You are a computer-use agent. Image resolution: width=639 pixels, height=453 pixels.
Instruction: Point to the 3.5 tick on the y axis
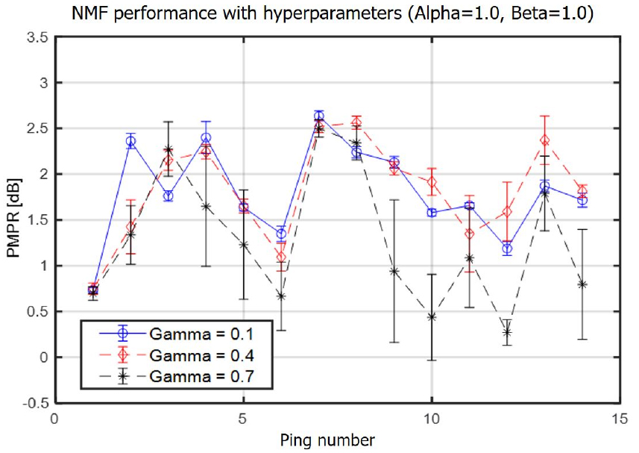36,37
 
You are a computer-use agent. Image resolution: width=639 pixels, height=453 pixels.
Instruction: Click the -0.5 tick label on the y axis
34,403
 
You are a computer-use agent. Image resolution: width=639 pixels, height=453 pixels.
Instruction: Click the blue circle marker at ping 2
131,141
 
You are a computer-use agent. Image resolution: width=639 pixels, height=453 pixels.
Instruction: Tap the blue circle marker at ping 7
319,116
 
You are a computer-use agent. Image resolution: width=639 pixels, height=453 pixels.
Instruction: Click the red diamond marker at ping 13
545,140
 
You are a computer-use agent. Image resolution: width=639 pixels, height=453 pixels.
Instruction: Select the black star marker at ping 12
507,332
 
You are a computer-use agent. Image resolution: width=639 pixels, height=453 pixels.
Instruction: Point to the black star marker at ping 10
432,316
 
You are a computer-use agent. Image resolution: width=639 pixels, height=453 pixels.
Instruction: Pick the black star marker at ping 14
582,284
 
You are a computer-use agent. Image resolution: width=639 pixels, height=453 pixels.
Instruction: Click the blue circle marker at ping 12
507,249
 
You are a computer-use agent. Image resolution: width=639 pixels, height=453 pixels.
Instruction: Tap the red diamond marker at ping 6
281,257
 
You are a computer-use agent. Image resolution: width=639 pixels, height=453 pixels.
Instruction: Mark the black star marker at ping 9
394,271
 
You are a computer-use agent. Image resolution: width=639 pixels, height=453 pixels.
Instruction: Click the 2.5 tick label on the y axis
36,128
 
